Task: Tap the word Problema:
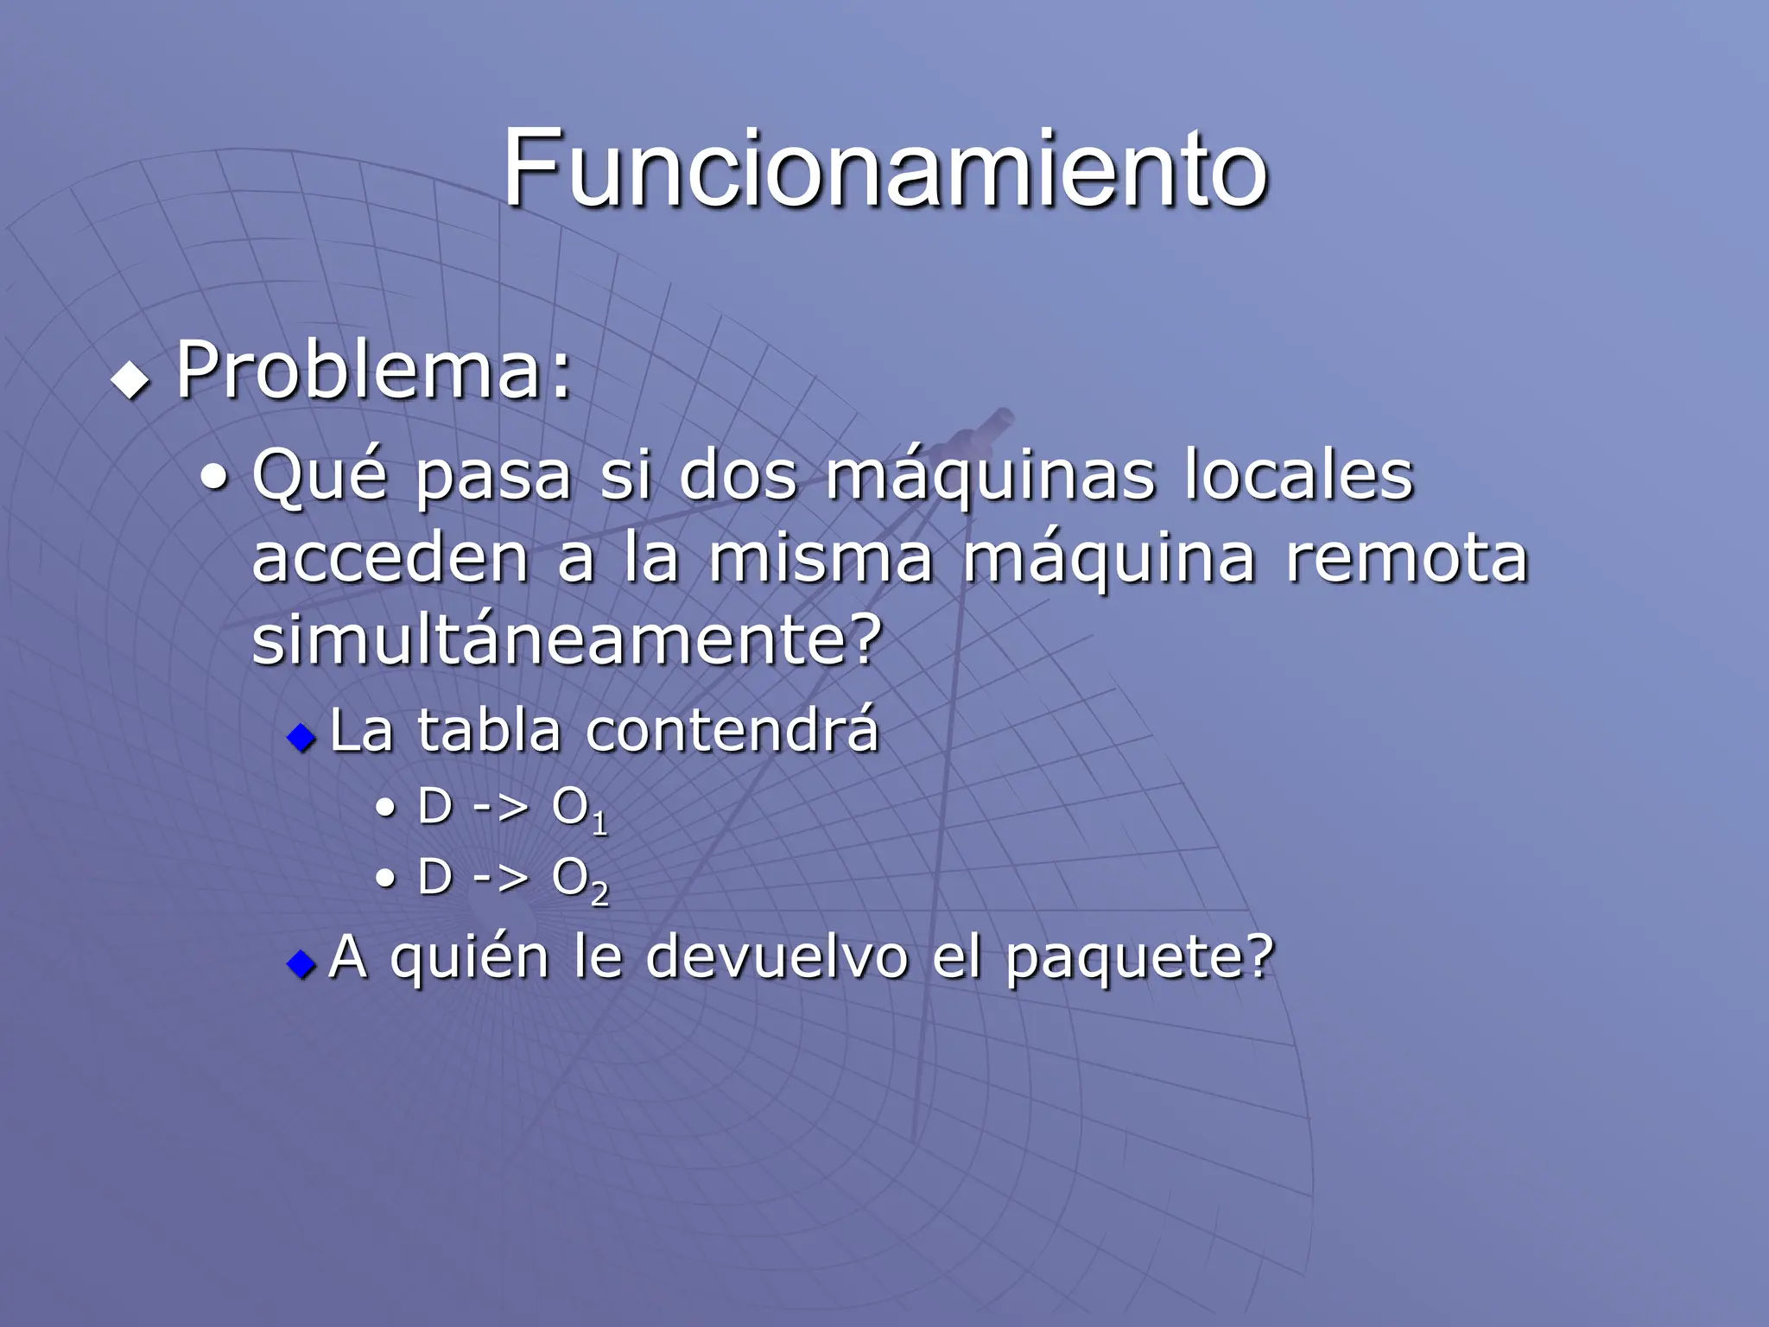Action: (373, 371)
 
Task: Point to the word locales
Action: (1297, 475)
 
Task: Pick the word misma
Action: (821, 558)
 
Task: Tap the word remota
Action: (1407, 558)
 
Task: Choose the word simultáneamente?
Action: (567, 641)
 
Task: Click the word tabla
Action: (490, 731)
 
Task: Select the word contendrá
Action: (732, 731)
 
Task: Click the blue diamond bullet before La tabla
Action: (301, 737)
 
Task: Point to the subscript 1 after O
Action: (599, 823)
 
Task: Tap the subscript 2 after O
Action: (599, 894)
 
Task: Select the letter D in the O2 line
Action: (435, 878)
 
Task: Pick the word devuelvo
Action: (777, 957)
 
